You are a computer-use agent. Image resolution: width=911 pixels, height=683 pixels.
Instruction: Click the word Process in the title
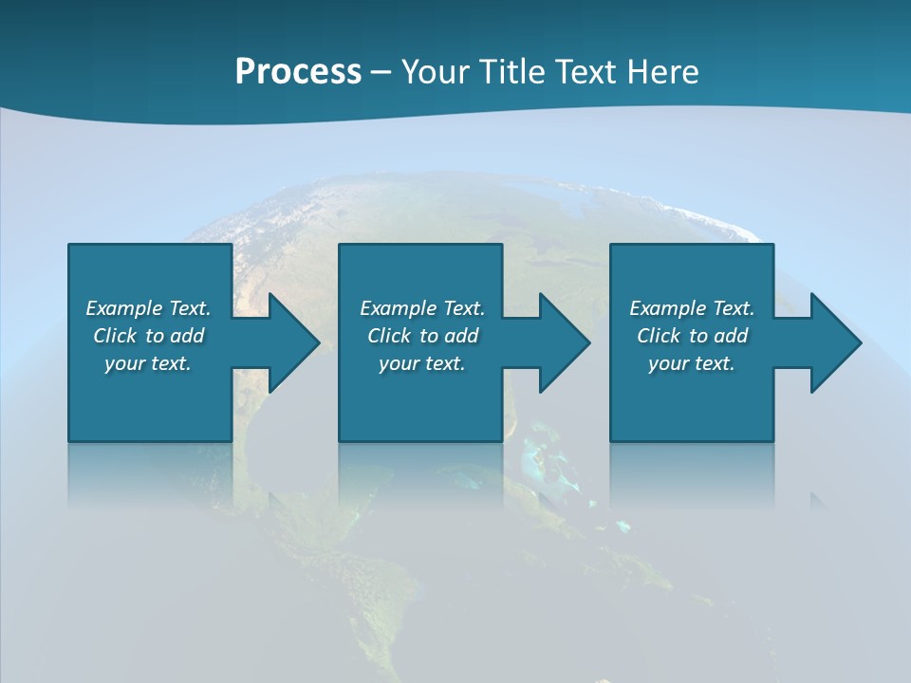tap(298, 72)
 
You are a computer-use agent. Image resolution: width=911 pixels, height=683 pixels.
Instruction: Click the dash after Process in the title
tap(381, 72)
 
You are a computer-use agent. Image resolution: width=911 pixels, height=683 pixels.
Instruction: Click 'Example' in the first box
tap(124, 308)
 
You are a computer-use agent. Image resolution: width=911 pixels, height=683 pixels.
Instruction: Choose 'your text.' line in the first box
tap(148, 363)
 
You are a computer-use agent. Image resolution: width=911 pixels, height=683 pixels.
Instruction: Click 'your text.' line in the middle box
tap(421, 363)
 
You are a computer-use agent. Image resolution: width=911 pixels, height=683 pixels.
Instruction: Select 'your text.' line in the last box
tap(691, 363)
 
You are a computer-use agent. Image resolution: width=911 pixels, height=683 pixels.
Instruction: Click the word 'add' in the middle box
tap(461, 336)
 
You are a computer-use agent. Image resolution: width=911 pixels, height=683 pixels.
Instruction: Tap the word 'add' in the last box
tap(731, 336)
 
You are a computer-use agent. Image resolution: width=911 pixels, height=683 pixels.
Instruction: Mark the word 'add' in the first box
tap(187, 336)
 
